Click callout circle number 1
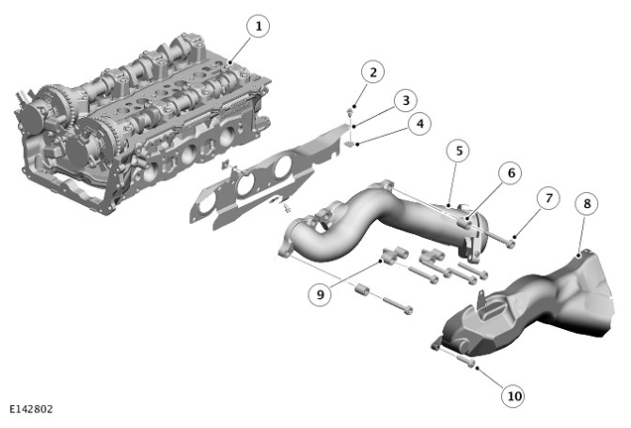pos(258,26)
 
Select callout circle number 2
pos(373,72)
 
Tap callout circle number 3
pos(405,100)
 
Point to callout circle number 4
pos(420,124)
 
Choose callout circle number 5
pos(458,151)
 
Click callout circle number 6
pos(511,172)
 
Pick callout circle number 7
pos(549,198)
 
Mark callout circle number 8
pos(586,204)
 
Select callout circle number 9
pos(319,294)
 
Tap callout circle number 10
pos(514,396)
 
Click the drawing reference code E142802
pos(31,409)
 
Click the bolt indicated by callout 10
pos(465,361)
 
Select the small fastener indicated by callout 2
pos(350,111)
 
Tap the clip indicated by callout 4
pos(349,144)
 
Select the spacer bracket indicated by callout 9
pos(395,256)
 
